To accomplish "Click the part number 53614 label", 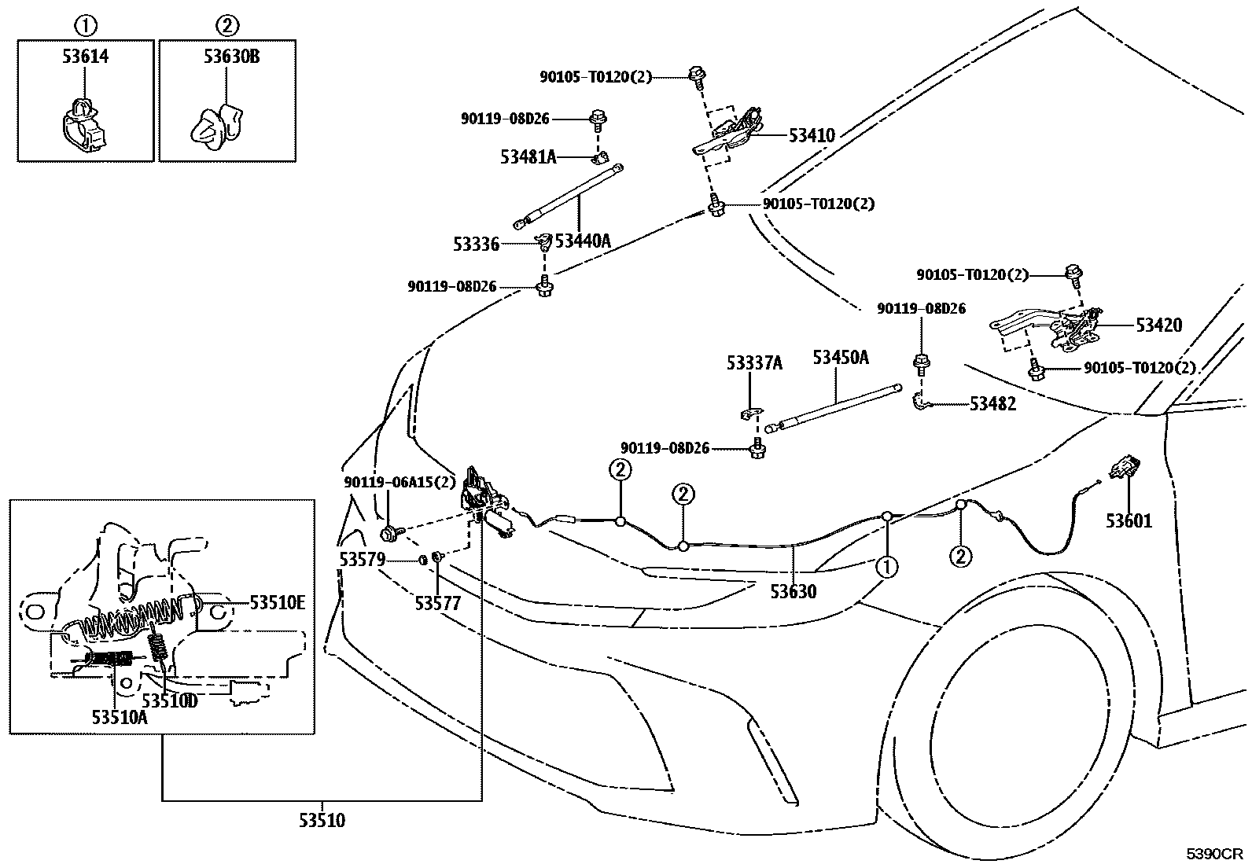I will (x=85, y=56).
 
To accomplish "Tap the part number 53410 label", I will (x=812, y=135).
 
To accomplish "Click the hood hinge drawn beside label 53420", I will (x=1054, y=326).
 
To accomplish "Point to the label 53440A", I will (x=582, y=241).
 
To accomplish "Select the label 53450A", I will (x=840, y=358).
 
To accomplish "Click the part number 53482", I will (x=992, y=404).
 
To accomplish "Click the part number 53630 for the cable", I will (x=793, y=590).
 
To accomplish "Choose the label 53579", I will (x=362, y=559).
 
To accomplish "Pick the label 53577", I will (x=438, y=603).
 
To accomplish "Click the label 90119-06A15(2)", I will (x=399, y=482).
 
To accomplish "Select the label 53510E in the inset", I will (x=277, y=603).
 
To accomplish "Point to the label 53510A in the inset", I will (x=120, y=716).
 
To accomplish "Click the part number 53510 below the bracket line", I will (x=321, y=822).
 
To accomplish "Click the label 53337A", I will (x=754, y=362).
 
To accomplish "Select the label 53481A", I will (x=528, y=157).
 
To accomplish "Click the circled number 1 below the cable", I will (x=887, y=566).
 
